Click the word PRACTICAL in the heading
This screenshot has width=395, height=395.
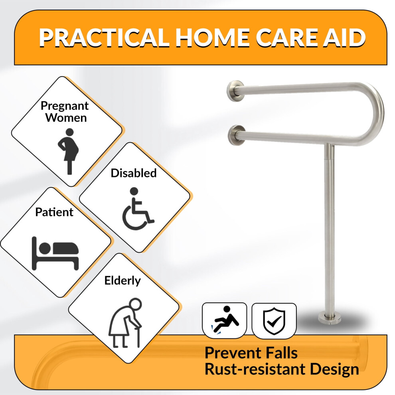point(104,38)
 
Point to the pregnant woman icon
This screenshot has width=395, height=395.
point(68,151)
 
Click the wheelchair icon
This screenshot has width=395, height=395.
point(138,209)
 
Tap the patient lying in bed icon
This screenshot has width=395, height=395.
point(55,253)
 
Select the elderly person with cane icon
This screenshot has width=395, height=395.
point(125,323)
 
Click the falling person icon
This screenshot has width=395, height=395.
point(225,320)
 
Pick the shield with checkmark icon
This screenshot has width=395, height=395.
point(274,321)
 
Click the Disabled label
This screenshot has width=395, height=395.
point(134,173)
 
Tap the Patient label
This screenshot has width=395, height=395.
point(54,212)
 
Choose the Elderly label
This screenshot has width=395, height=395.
point(122,280)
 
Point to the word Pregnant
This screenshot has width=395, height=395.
point(65,106)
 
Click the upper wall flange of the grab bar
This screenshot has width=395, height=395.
point(235,91)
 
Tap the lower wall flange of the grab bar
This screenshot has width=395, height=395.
point(237,135)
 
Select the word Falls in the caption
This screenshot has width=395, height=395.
point(282,353)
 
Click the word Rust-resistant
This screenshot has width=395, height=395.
point(255,369)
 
